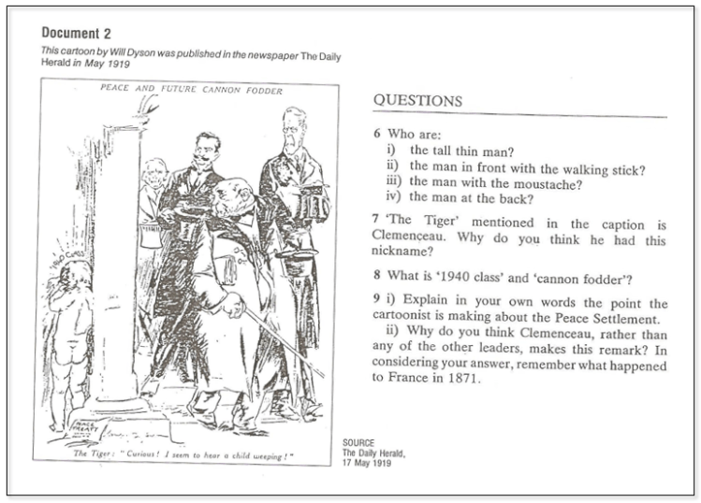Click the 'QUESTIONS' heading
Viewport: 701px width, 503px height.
[x=416, y=101]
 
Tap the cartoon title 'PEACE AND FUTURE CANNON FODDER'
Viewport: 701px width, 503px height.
[x=191, y=91]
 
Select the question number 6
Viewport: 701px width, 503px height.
[x=376, y=135]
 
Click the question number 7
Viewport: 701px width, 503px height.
[x=376, y=224]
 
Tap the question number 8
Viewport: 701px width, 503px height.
[x=376, y=277]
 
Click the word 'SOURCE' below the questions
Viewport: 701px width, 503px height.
[x=358, y=443]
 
